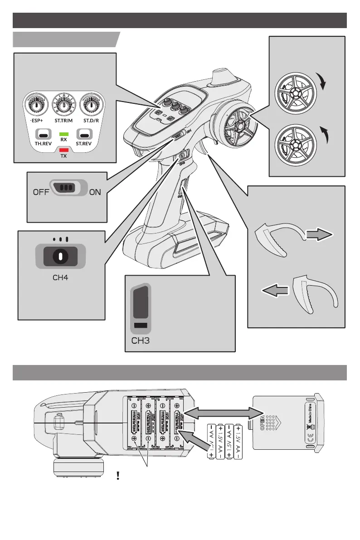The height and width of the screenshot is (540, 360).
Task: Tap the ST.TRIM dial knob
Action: (64, 105)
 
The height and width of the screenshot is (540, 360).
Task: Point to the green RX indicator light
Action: (64, 134)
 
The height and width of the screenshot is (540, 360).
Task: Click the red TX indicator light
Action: (64, 150)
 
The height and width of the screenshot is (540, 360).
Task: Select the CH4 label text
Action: (60, 277)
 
